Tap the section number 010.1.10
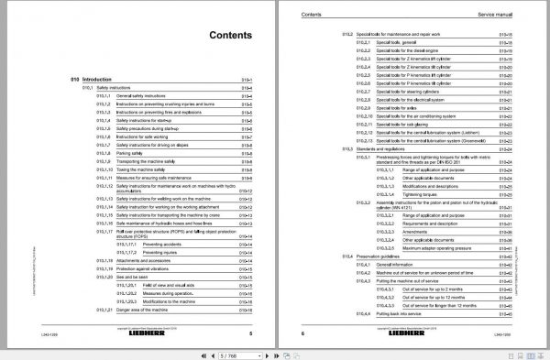tap(104, 169)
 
